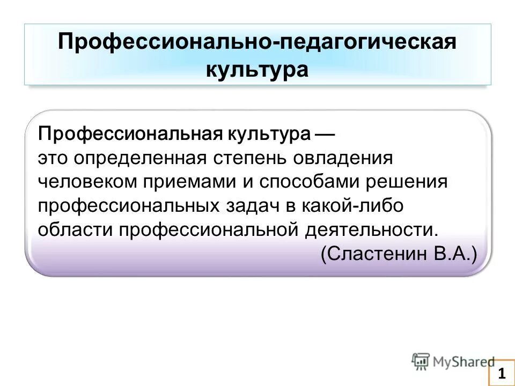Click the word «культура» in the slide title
[257, 70]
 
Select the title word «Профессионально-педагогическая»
[257, 42]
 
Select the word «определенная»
[141, 158]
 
